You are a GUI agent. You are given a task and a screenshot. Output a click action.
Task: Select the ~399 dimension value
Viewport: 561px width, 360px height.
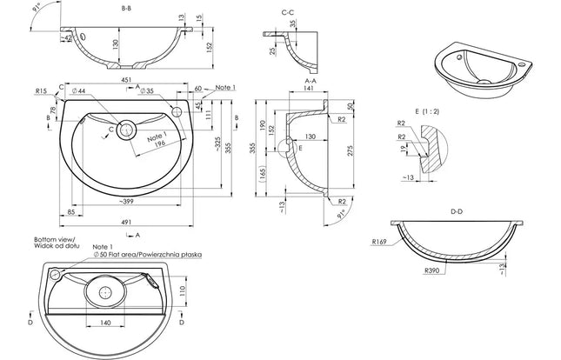point(128,201)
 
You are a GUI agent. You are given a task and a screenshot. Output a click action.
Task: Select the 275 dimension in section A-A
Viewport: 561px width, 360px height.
point(349,151)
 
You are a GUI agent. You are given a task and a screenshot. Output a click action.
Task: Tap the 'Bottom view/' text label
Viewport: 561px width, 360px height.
point(55,239)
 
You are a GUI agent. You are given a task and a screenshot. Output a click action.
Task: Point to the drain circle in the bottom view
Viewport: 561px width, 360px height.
point(106,293)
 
